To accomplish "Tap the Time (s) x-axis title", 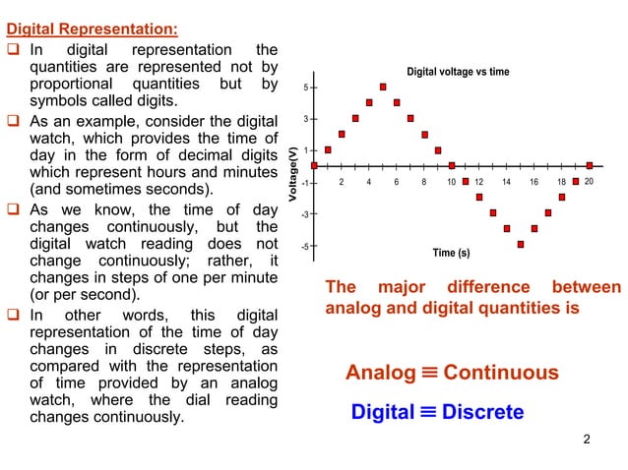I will click(452, 253).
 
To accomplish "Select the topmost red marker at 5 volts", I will click(383, 87).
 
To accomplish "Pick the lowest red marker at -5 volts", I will click(521, 244).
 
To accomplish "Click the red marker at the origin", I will click(314, 165).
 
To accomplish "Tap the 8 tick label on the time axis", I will click(423, 182).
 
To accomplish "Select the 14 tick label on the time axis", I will click(506, 182).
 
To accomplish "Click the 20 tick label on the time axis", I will click(589, 182).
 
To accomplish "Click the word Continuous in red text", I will click(500, 374).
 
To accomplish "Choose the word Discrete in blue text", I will click(482, 411).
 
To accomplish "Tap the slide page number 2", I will click(587, 439).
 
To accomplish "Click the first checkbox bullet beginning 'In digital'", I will click(13, 51).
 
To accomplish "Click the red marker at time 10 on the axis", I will click(452, 165).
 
